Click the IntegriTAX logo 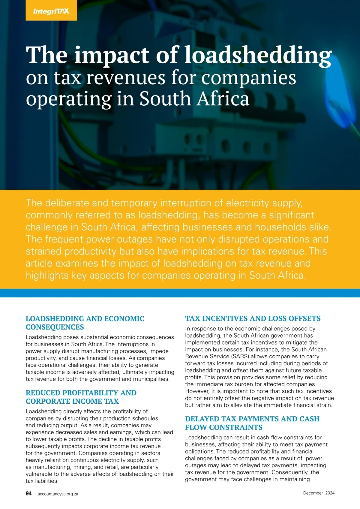(x=51, y=11)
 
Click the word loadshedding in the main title (x=258, y=56)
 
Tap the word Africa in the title (x=223, y=99)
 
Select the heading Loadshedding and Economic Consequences (x=85, y=323)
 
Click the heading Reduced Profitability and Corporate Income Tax (x=81, y=397)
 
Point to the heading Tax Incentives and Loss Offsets (x=253, y=318)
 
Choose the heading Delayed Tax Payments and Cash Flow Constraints (x=252, y=423)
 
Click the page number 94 (x=29, y=493)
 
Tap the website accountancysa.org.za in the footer (x=58, y=494)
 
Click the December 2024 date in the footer (x=319, y=493)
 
